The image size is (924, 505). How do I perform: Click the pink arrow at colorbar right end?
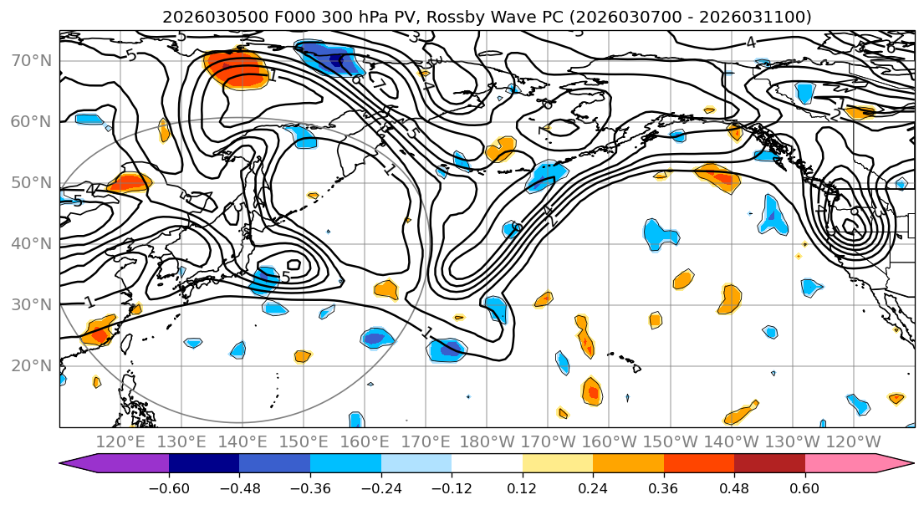pyautogui.click(x=899, y=464)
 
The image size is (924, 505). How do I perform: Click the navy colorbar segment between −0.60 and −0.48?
pyautogui.click(x=204, y=464)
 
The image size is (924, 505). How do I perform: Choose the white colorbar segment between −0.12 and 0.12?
pyautogui.click(x=487, y=464)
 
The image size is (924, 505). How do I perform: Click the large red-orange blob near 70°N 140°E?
pyautogui.click(x=236, y=69)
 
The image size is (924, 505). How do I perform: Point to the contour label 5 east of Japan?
pyautogui.click(x=285, y=277)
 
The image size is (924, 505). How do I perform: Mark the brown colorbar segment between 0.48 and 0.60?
pyautogui.click(x=769, y=464)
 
